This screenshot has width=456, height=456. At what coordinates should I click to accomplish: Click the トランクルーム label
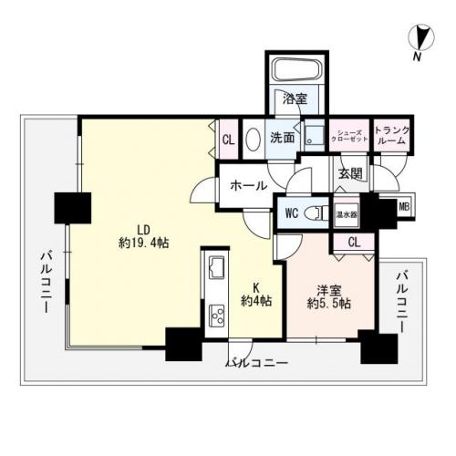click(x=392, y=137)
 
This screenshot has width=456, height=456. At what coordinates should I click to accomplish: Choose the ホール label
click(x=248, y=185)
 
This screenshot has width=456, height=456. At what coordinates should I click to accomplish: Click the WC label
click(x=292, y=213)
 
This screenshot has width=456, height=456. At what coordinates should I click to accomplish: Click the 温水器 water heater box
click(x=346, y=215)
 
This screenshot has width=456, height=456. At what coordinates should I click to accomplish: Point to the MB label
click(x=402, y=207)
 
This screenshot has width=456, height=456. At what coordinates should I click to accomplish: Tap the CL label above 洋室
click(x=353, y=243)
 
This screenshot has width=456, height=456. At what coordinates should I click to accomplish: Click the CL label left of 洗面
click(x=228, y=141)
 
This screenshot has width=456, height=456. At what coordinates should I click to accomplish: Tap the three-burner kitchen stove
click(x=218, y=316)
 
